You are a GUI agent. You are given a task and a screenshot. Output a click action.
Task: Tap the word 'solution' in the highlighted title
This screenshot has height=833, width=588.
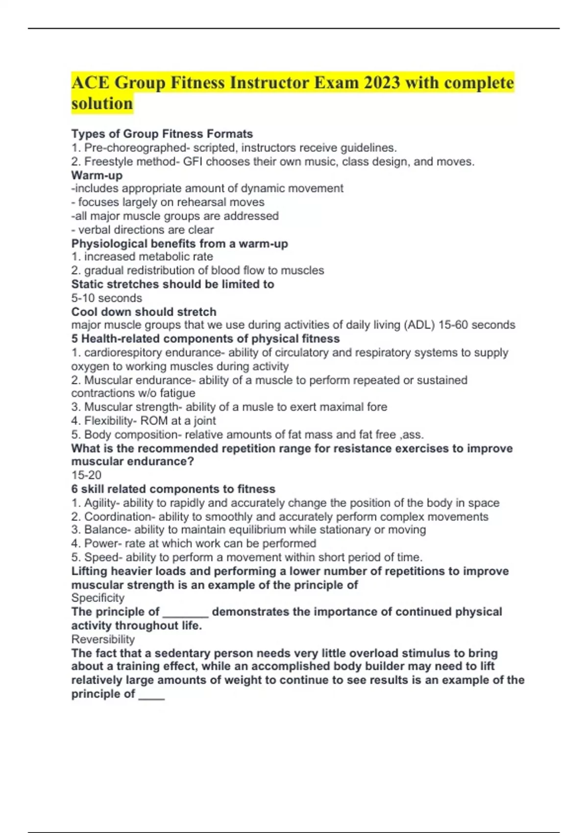(102, 104)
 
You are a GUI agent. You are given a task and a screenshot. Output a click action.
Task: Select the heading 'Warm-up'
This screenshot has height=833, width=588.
(97, 175)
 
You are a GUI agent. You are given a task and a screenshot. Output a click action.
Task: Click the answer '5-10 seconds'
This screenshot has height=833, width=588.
(106, 298)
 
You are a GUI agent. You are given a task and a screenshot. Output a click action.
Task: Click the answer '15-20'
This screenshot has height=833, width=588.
(86, 475)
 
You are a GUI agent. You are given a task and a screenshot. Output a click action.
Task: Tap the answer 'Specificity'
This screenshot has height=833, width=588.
(98, 598)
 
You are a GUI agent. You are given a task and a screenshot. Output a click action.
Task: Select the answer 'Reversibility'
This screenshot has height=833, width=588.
(103, 639)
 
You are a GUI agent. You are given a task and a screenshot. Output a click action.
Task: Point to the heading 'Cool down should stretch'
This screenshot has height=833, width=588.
(144, 312)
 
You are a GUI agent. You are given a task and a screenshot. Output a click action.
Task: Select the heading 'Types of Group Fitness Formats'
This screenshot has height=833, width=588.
(162, 134)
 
